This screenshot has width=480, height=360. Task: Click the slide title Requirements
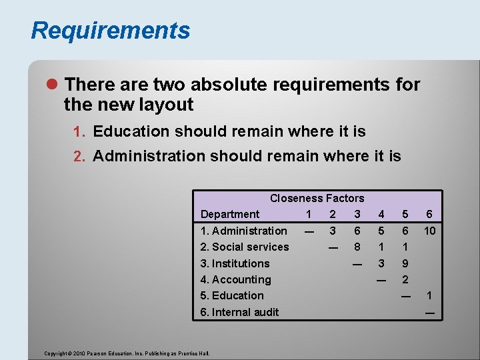click(x=110, y=31)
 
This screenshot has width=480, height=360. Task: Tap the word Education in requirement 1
click(x=131, y=131)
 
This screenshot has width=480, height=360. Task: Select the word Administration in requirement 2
click(x=149, y=156)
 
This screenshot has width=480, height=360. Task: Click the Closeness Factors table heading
click(x=317, y=198)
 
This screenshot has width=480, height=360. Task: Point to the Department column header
click(x=230, y=214)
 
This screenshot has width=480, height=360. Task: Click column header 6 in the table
click(x=429, y=214)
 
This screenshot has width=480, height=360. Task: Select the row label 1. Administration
click(x=244, y=231)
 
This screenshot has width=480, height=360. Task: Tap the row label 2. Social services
click(x=245, y=247)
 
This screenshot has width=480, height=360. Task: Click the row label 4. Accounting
click(x=236, y=279)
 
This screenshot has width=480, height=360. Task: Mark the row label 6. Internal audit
click(x=240, y=312)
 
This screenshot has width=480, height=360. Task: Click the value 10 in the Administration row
click(x=429, y=231)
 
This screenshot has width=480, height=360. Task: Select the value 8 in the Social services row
click(x=357, y=247)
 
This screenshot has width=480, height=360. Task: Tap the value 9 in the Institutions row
click(x=405, y=263)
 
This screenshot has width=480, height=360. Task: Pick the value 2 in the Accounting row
click(x=405, y=279)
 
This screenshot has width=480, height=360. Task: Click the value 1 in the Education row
click(x=429, y=295)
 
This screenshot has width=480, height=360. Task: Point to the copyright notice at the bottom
click(x=126, y=353)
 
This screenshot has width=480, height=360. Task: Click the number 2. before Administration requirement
click(x=80, y=157)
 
